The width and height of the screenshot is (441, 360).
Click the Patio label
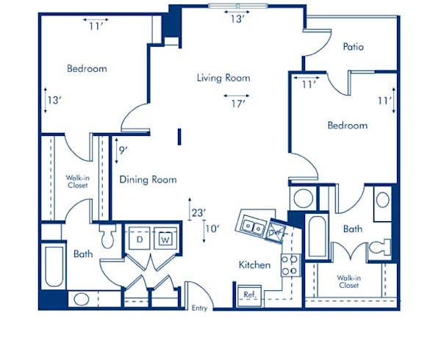pyautogui.click(x=354, y=47)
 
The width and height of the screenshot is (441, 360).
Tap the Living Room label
pyautogui.click(x=223, y=78)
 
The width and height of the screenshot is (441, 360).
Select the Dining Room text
pyautogui.click(x=148, y=179)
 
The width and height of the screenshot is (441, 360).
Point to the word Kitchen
pyautogui.click(x=254, y=264)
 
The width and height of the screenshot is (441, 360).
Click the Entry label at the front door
pyautogui.click(x=200, y=309)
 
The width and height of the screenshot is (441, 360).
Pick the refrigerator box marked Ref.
pyautogui.click(x=249, y=294)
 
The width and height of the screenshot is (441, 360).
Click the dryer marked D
pyautogui.click(x=139, y=239)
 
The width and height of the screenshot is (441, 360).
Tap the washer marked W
pyautogui.click(x=165, y=239)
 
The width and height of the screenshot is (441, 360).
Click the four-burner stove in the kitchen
pyautogui.click(x=290, y=264)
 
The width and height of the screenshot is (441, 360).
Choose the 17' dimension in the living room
pyautogui.click(x=237, y=104)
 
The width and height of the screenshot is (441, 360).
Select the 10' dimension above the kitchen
pyautogui.click(x=213, y=228)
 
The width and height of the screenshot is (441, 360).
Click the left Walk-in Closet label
pyautogui.click(x=77, y=181)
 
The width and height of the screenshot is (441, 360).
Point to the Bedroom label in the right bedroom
pyautogui.click(x=347, y=126)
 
